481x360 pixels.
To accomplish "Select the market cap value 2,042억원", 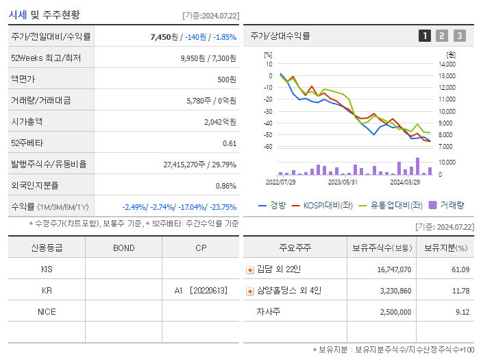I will [220, 121].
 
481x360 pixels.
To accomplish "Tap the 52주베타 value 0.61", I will [230, 143].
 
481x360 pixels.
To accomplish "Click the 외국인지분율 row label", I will [35, 185].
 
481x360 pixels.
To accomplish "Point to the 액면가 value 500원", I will [227, 79].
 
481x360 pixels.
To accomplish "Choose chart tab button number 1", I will [425, 36].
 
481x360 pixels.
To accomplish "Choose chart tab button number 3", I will [459, 36].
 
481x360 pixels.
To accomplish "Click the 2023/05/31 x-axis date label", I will [343, 182].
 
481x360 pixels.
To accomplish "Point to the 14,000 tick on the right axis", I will [447, 64].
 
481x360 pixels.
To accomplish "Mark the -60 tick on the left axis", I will [268, 147].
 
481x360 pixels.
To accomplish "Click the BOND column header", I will [123, 248].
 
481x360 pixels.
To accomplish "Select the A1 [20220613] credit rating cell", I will [200, 290].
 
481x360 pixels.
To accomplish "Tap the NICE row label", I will [47, 311].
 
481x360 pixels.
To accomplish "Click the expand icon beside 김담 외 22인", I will [250, 269].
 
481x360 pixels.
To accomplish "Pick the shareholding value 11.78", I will [460, 291].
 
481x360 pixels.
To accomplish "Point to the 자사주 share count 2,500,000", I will [394, 312].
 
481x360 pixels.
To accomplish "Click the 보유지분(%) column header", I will [445, 248].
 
